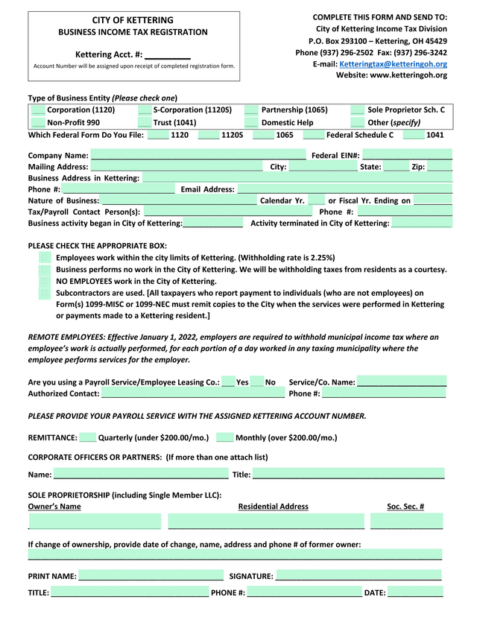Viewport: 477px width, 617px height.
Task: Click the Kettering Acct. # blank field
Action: [168, 54]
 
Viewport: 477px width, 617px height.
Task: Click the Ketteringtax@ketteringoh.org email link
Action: [393, 64]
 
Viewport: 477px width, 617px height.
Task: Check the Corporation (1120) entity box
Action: [38, 110]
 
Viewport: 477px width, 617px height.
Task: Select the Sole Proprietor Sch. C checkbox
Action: [357, 110]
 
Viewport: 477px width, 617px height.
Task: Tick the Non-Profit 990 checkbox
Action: [38, 123]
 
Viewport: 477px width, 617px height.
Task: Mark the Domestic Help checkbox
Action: [251, 123]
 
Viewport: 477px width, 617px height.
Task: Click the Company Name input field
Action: [198, 155]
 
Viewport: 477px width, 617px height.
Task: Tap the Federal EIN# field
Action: [407, 155]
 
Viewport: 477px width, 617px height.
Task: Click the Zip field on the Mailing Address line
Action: [440, 167]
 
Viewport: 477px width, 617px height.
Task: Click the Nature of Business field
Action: [179, 200]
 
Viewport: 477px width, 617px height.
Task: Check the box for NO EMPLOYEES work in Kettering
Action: [45, 281]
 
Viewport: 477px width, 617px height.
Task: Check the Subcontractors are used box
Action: [45, 293]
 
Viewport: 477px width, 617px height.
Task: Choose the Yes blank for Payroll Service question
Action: [228, 382]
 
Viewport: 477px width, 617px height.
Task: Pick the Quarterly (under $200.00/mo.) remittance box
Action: [88, 437]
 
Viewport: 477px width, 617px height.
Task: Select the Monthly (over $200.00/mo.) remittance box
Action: [225, 437]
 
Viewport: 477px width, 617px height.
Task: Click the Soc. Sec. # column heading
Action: [405, 507]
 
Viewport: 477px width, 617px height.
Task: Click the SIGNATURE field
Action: [358, 575]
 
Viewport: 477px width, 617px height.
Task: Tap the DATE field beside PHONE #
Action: [415, 592]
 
